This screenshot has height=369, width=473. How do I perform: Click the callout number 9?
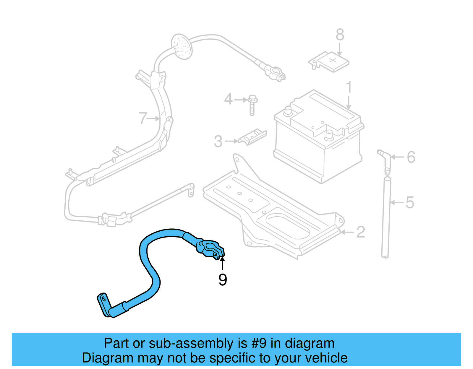coord(223,279)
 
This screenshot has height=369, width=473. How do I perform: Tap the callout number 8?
coord(340,35)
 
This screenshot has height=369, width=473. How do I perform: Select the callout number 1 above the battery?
coord(349,87)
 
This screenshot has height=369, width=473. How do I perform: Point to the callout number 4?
coord(228,99)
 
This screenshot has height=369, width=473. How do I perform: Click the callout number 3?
coord(218,142)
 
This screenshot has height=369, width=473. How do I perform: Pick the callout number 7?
coord(143,118)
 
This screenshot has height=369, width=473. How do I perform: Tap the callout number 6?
coord(411,157)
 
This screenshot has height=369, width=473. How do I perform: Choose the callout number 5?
coord(410,203)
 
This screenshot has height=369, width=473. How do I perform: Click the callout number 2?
coord(361,232)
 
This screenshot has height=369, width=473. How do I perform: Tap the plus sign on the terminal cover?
coord(333,61)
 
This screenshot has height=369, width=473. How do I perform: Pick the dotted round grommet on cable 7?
coord(182,47)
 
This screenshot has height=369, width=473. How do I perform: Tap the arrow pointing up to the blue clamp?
coord(222,263)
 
